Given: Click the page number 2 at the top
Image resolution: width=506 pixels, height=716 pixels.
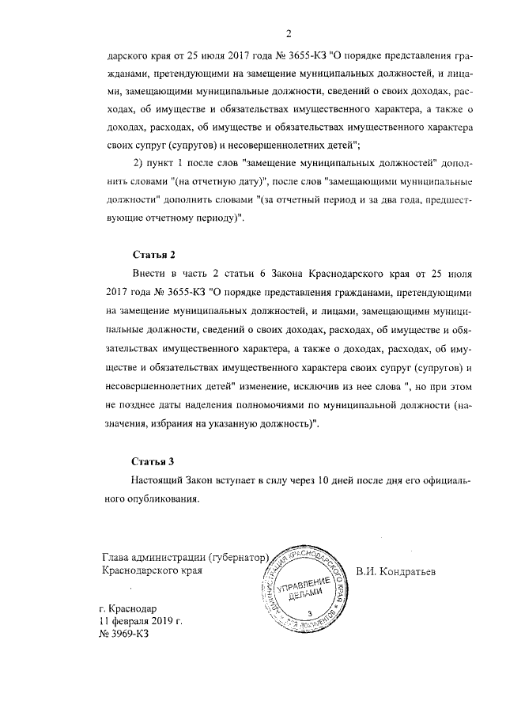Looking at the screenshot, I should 289,33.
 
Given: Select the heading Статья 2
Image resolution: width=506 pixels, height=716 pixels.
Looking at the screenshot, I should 153,254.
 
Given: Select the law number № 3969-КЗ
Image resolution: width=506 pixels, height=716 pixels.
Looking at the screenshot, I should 123,634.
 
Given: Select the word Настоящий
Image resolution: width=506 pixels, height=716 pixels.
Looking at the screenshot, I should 160,480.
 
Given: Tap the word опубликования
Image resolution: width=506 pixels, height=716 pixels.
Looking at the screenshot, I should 155,499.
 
